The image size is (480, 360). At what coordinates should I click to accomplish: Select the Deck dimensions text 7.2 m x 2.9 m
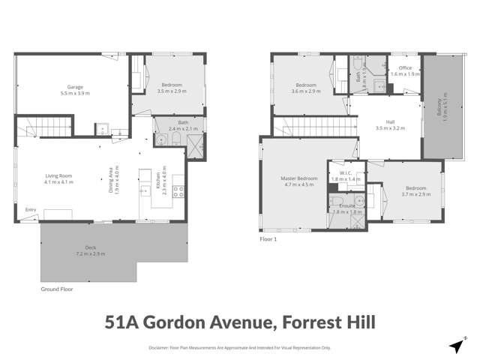[x=90, y=253]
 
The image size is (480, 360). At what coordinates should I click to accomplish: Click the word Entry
[x=31, y=209]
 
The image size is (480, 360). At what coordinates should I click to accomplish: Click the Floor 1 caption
[x=268, y=239]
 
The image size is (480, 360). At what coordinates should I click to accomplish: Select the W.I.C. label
[x=345, y=173]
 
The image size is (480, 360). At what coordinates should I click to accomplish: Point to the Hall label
[x=390, y=121]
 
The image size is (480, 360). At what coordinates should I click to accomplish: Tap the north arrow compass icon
[x=455, y=346]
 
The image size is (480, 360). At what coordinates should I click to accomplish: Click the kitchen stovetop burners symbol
[x=178, y=190]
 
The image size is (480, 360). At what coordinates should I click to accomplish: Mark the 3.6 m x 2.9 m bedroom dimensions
[x=305, y=91]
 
